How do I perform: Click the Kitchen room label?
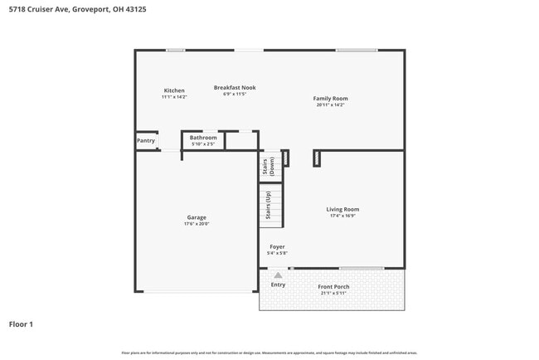pos(174,90)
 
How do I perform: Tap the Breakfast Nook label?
pos(235,87)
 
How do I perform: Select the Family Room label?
pos(330,99)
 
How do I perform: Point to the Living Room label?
pos(342,209)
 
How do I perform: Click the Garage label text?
pos(197,217)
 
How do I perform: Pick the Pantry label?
pos(146,141)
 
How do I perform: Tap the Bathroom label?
pos(203,138)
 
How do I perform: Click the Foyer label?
pos(277,247)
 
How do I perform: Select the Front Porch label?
pos(334,287)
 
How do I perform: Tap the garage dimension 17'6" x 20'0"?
pos(197,224)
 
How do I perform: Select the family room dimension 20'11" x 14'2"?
pos(330,105)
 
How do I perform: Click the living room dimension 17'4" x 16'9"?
pos(342,216)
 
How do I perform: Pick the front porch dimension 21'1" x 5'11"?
pos(334,294)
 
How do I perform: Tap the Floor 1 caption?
pos(21,324)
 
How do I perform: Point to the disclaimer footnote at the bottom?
pos(269,353)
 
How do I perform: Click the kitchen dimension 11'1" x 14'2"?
pos(174,97)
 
